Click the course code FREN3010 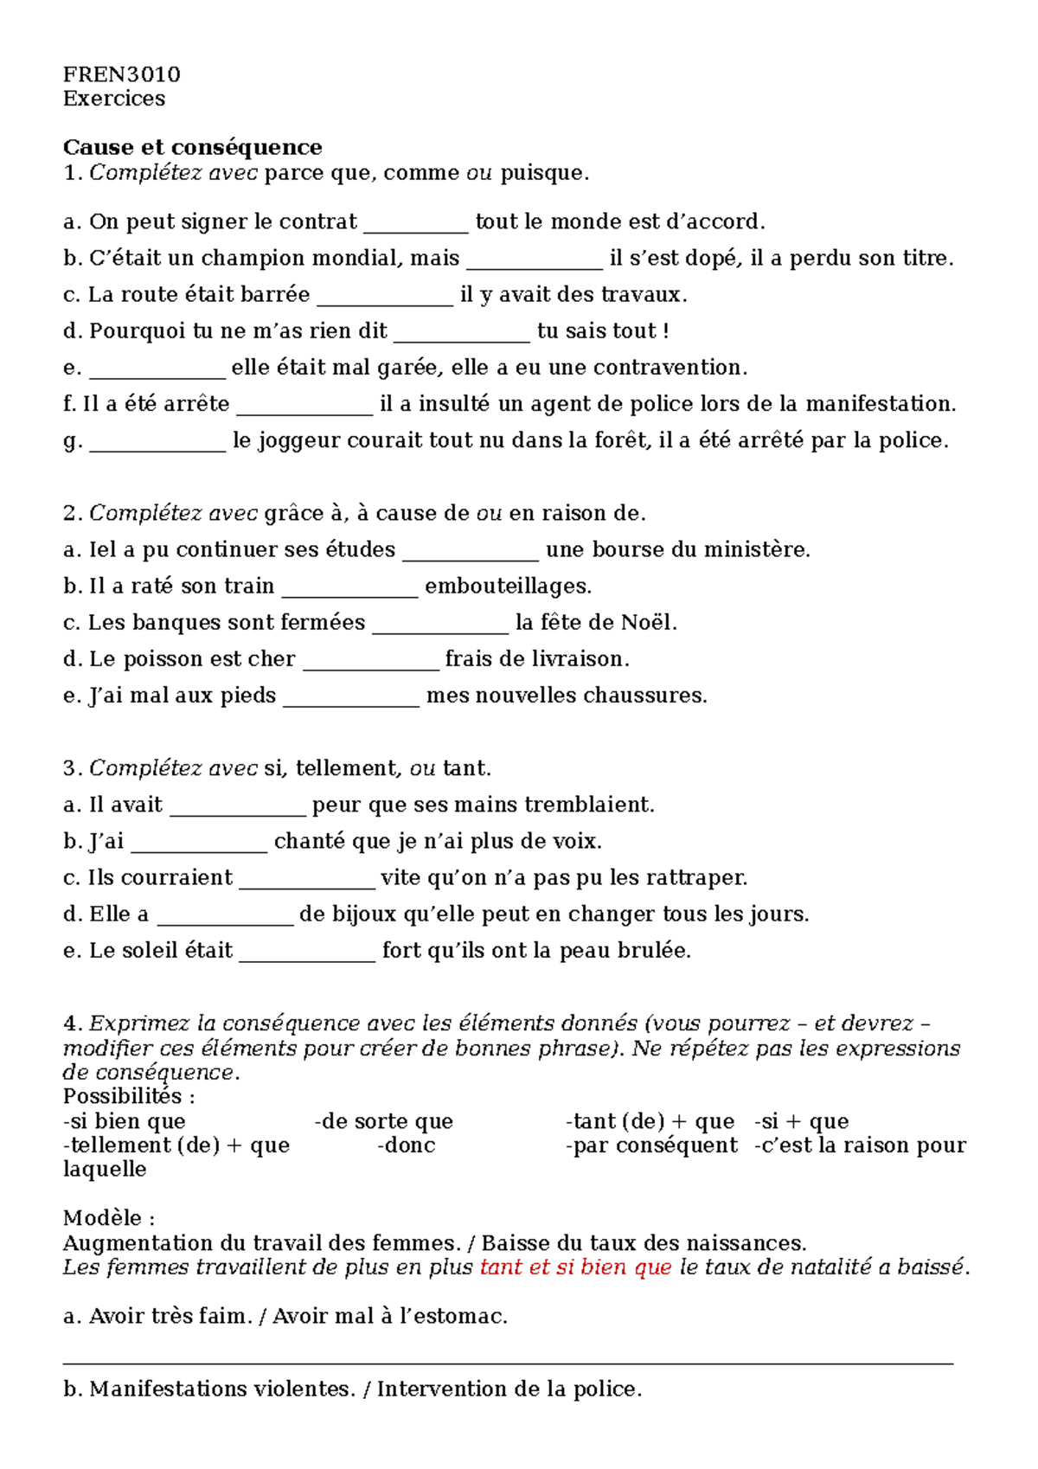[121, 74]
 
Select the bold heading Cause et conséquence [192, 147]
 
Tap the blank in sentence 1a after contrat [415, 223]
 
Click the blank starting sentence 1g [157, 442]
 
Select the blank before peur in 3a [238, 806]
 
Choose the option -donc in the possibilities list [407, 1145]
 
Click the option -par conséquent [651, 1145]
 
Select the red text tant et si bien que [575, 1267]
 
